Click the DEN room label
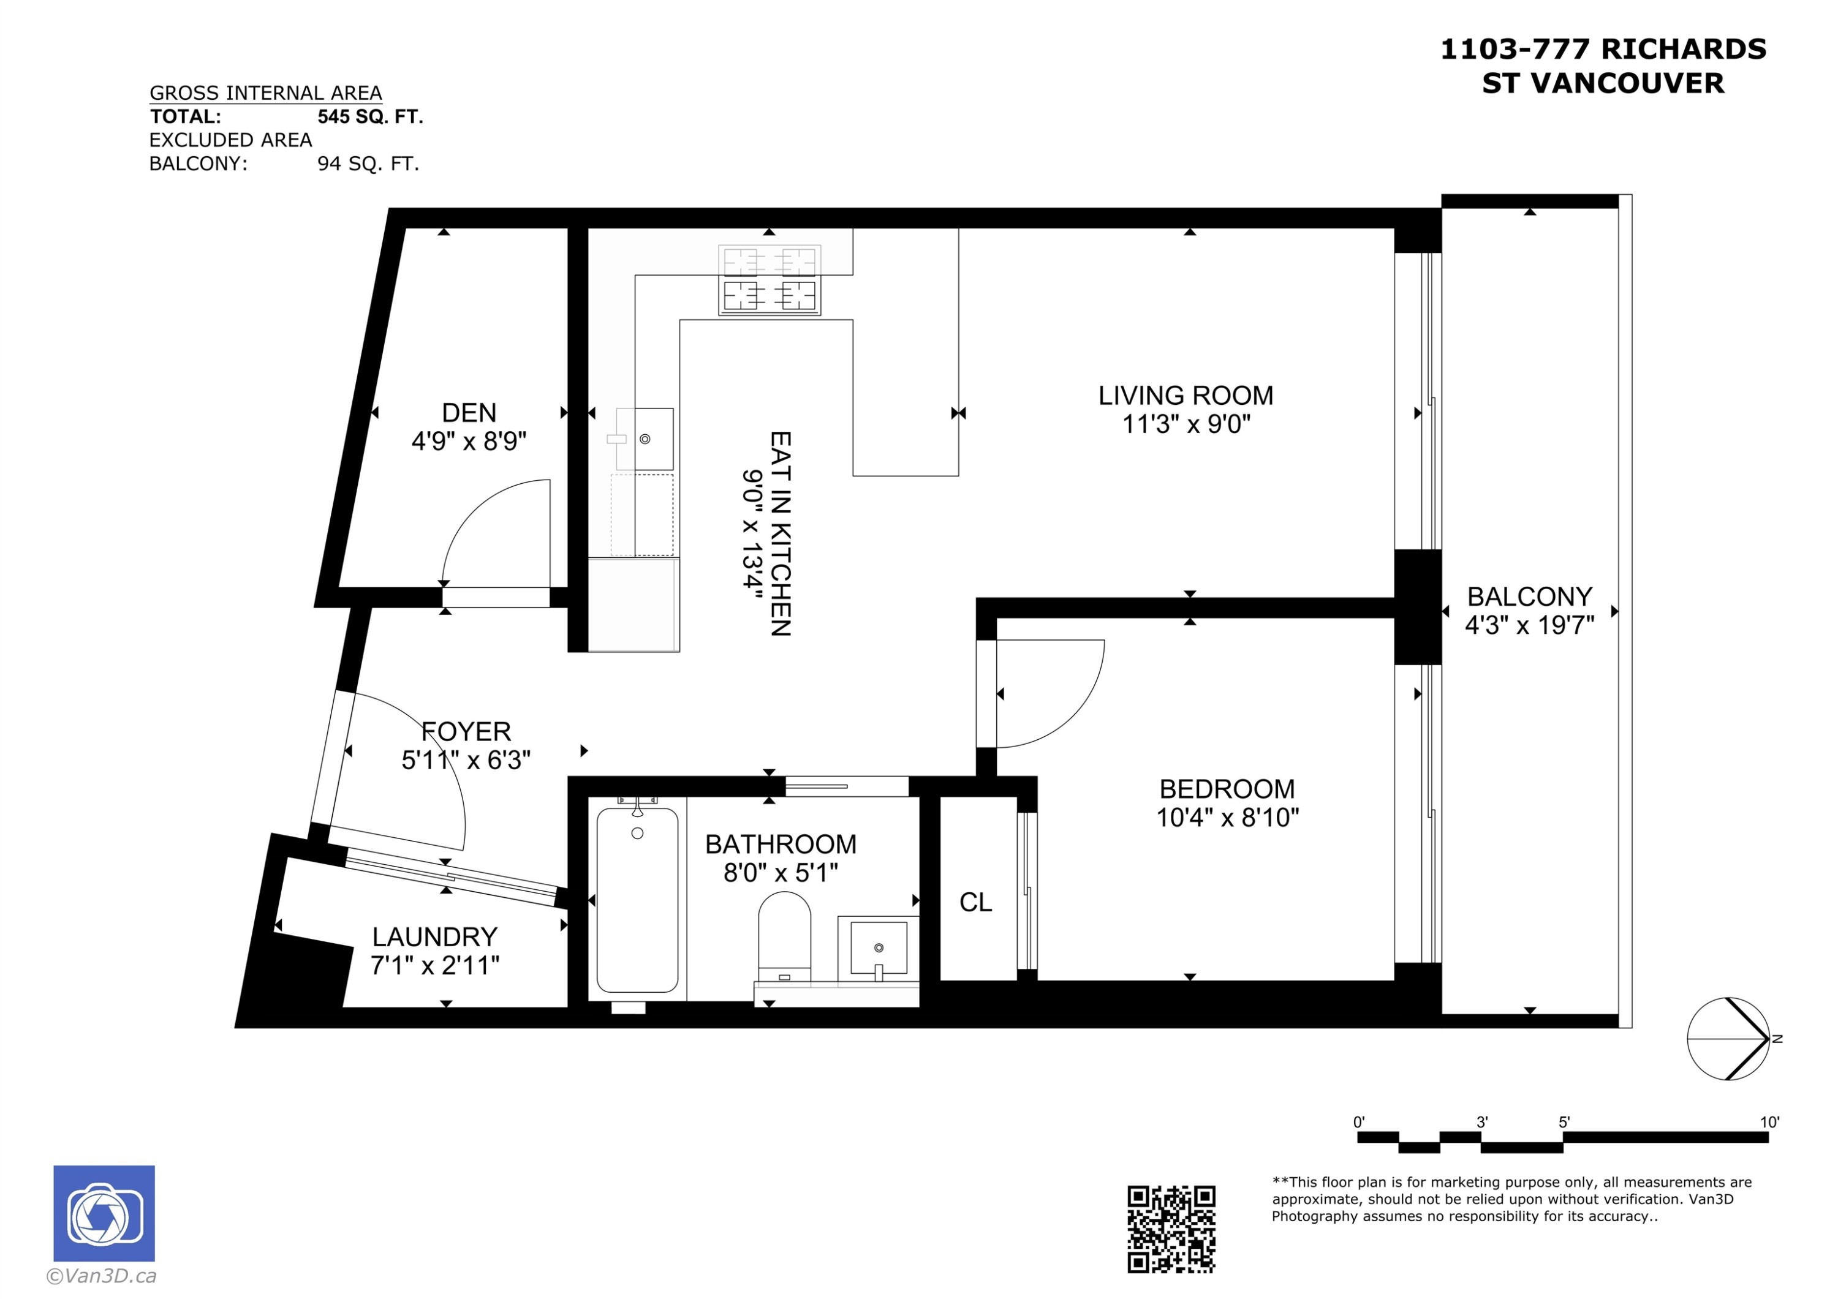pyautogui.click(x=469, y=413)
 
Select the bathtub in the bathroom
pyautogui.click(x=637, y=900)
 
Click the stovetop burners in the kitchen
pyautogui.click(x=770, y=279)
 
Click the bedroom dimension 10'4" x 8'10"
pyautogui.click(x=1227, y=817)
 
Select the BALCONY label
pyautogui.click(x=1529, y=597)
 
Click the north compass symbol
pyautogui.click(x=1728, y=1039)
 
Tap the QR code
pyautogui.click(x=1171, y=1229)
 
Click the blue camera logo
pyautogui.click(x=104, y=1213)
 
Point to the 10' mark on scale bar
pyautogui.click(x=1769, y=1122)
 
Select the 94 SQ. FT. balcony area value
pyautogui.click(x=368, y=164)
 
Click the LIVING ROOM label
pyautogui.click(x=1186, y=396)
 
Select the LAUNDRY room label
pyautogui.click(x=434, y=936)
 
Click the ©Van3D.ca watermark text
pyautogui.click(x=102, y=1276)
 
